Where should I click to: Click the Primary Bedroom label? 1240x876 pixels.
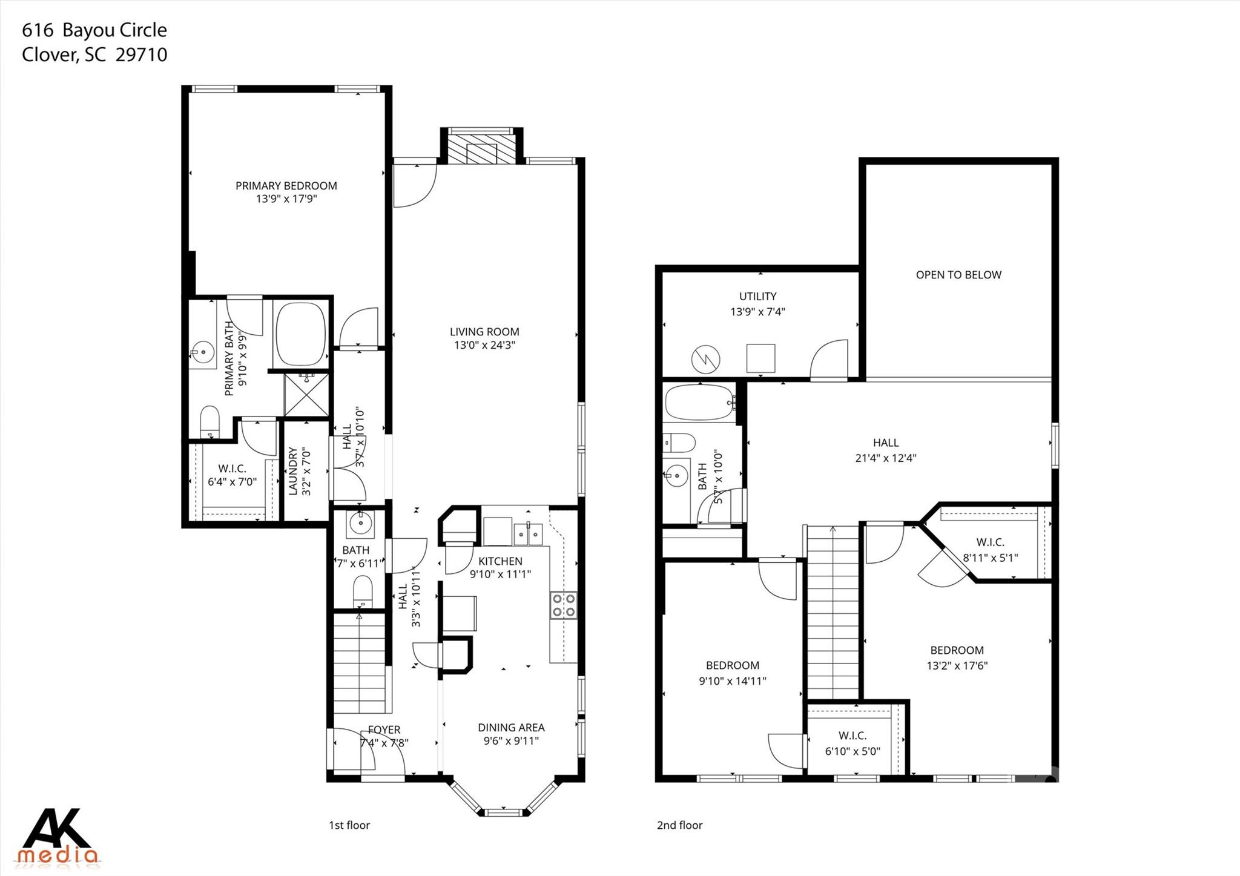(x=286, y=186)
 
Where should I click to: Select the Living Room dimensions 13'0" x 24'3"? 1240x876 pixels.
(x=484, y=345)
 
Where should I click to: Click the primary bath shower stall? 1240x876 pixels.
(x=307, y=395)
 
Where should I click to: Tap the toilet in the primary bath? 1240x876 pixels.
(x=209, y=420)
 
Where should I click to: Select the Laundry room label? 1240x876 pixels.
(x=292, y=472)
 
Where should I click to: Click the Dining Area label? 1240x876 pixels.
(x=511, y=728)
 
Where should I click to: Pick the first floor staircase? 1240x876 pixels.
(x=360, y=663)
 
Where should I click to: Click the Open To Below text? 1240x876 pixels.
(x=958, y=275)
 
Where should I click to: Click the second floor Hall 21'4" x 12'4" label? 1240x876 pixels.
(x=885, y=450)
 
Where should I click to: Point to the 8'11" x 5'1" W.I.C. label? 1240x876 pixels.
(x=990, y=550)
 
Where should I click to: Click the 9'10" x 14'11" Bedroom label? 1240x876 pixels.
(x=732, y=673)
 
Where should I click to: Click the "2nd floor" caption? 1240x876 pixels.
(x=679, y=825)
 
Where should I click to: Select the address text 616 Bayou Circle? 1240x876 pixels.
(x=94, y=30)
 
